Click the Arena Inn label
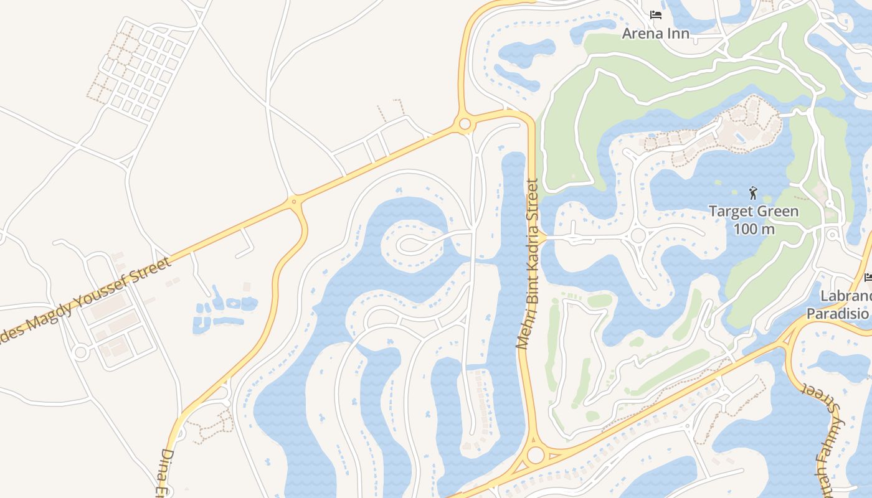coord(655,33)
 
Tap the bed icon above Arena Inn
coord(655,14)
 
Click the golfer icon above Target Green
coord(753,192)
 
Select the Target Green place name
coord(753,211)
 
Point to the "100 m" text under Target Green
coord(753,229)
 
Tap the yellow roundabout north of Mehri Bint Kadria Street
coord(464,125)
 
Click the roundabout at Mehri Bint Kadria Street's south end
coord(535,455)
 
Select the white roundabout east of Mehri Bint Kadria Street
coord(637,236)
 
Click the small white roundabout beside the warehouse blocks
coord(80,353)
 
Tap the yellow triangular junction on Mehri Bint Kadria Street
coord(541,237)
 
